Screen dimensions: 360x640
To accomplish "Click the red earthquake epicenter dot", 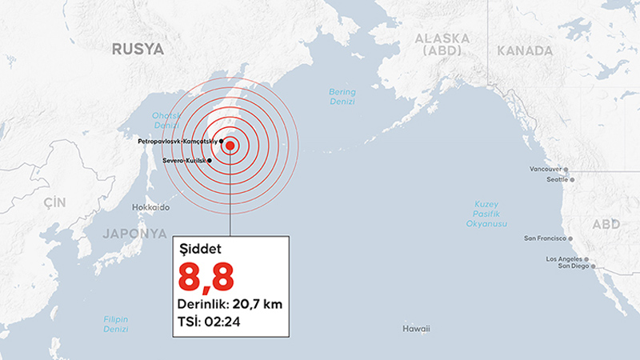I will click(x=230, y=146).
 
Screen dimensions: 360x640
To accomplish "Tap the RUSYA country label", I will click(x=138, y=50).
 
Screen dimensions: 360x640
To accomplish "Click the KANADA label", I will click(x=525, y=50).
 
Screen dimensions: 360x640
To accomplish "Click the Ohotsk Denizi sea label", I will click(x=166, y=121).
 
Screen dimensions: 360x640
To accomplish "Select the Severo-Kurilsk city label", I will click(x=184, y=161).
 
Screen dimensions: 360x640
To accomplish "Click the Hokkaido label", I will click(x=150, y=207).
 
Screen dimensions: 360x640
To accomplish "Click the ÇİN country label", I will click(x=55, y=202).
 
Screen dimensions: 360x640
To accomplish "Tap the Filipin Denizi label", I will click(x=116, y=324).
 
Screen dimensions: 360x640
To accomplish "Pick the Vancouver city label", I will click(x=546, y=170).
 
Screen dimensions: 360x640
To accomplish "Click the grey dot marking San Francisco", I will click(x=570, y=238).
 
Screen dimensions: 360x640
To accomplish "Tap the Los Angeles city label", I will click(x=565, y=260).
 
